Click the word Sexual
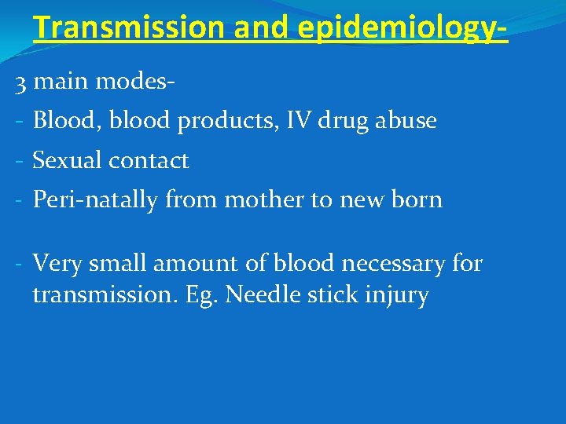tap(67, 161)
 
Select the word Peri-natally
tap(96, 200)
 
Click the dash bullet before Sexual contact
tap(19, 161)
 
